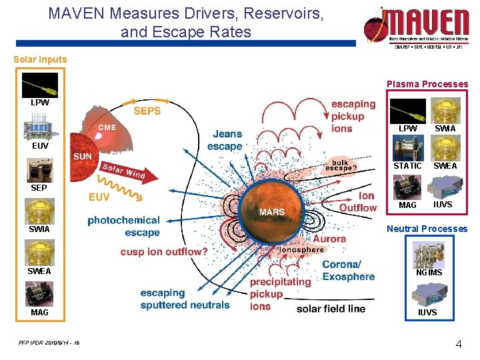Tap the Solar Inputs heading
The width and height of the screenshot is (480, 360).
[x=40, y=59]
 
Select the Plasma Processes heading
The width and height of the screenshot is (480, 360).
[x=427, y=85]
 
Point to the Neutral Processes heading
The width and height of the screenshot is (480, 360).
[x=427, y=229]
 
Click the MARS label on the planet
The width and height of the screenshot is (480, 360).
[x=271, y=212]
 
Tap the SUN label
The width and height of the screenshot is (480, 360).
[x=83, y=157]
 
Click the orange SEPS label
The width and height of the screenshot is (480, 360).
[x=147, y=111]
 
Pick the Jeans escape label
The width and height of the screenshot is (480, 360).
[x=225, y=140]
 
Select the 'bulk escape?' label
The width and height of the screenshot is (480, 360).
[x=341, y=165]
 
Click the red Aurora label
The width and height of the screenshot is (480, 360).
[x=329, y=239]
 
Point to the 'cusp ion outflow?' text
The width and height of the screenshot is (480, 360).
[x=164, y=252]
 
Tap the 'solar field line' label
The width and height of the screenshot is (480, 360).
[x=331, y=309]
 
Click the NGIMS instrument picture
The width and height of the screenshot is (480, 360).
[x=429, y=254]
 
